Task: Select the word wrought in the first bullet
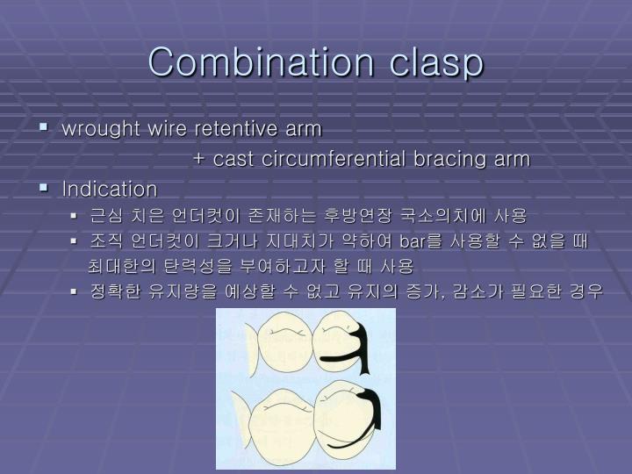(95, 129)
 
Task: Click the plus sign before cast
(198, 160)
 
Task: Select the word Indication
(110, 189)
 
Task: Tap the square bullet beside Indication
(43, 188)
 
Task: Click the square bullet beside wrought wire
(43, 128)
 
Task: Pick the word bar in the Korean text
(411, 241)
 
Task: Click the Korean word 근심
(104, 215)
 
